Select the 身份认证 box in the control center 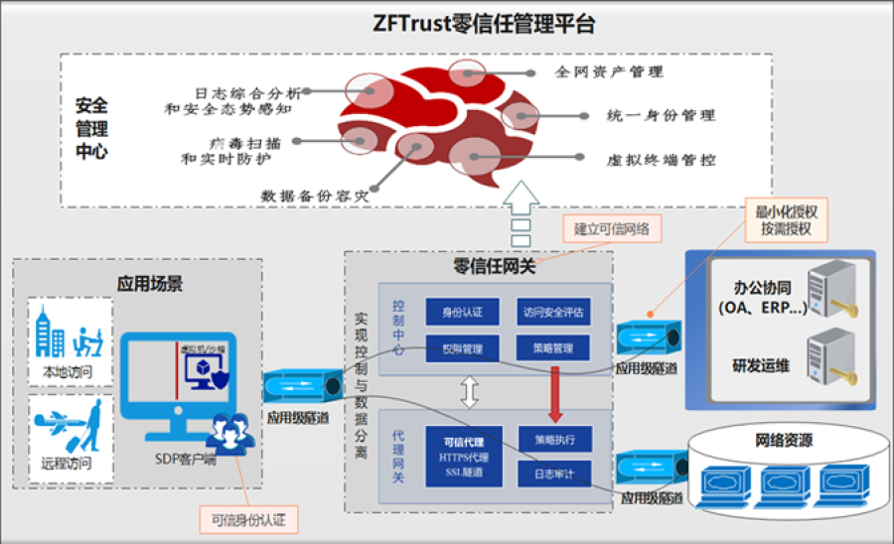click(462, 312)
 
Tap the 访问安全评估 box click(553, 312)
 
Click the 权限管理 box click(462, 348)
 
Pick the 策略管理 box click(553, 348)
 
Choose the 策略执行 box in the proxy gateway click(553, 438)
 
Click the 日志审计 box click(553, 473)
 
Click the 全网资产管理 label click(609, 71)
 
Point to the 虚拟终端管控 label click(661, 159)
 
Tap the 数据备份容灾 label click(315, 195)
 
